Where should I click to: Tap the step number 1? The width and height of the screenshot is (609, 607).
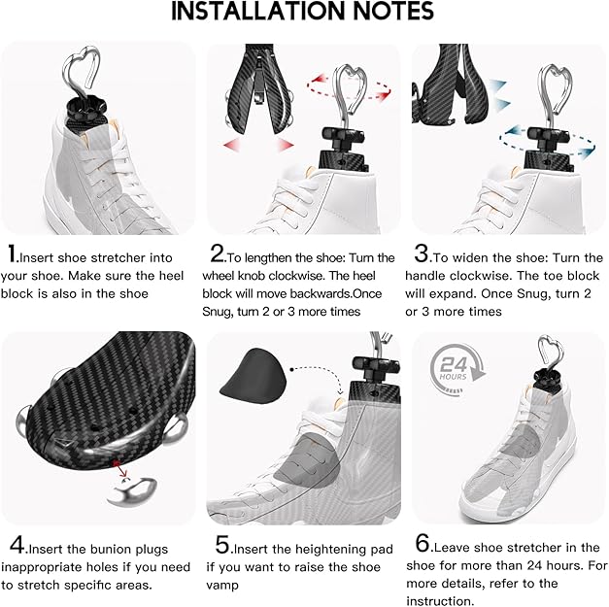click(x=13, y=256)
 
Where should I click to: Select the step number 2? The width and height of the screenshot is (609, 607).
click(x=218, y=255)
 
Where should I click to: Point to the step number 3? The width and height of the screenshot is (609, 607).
click(x=422, y=255)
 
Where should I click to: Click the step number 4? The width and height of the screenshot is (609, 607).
click(x=14, y=545)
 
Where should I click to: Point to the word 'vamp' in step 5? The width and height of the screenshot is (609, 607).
click(x=230, y=586)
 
